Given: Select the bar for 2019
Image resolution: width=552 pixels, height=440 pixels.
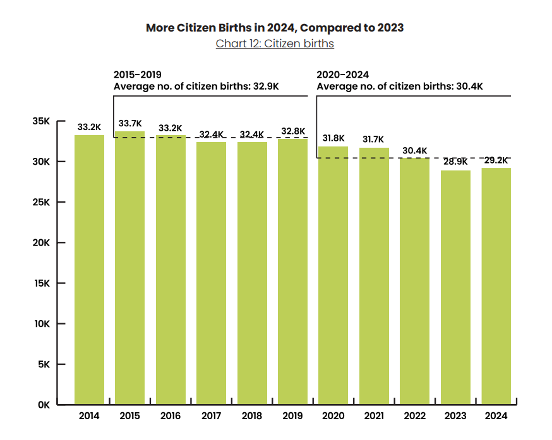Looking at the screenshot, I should [292, 271].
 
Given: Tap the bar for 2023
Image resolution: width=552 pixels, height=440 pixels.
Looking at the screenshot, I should [455, 287].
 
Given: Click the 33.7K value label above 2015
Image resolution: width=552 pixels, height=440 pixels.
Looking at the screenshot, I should [130, 124].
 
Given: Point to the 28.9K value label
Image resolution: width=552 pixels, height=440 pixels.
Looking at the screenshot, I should [455, 162].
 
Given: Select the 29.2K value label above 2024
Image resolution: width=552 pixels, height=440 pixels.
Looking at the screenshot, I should [496, 160].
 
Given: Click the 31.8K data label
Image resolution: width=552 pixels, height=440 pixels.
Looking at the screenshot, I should [333, 138].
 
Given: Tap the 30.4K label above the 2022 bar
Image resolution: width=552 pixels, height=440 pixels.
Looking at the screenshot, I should [414, 150].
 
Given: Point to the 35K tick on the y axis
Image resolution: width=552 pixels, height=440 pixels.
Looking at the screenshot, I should [40, 121].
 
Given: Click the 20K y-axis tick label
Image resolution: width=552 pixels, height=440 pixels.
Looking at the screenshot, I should [40, 243].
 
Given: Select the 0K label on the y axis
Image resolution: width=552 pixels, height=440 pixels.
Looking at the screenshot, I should [43, 405].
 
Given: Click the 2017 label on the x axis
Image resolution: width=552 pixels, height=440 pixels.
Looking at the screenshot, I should [211, 416].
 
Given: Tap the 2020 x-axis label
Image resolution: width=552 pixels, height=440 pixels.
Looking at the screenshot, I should [333, 416].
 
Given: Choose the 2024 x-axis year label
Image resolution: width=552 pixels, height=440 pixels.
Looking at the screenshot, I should [496, 416].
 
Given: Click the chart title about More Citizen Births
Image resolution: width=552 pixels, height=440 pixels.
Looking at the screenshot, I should [275, 28].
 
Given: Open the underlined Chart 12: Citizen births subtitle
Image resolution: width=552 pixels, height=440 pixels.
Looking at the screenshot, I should [275, 44].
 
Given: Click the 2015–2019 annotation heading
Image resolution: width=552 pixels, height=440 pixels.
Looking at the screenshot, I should [137, 74].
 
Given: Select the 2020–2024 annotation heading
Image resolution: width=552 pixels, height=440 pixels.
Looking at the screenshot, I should [342, 74].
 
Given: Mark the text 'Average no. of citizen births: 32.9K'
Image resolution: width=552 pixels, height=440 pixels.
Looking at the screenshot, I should [196, 86].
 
